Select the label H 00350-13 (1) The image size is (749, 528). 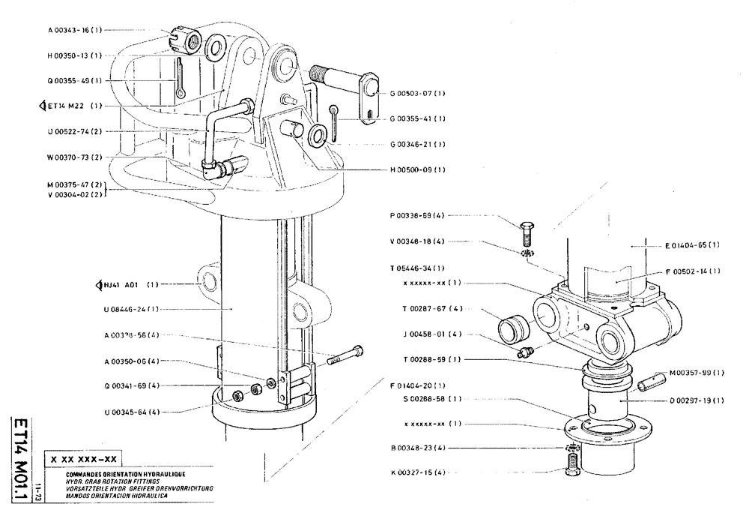pos(74,55)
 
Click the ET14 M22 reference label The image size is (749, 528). pos(70,106)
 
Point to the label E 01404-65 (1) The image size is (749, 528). pos(692,245)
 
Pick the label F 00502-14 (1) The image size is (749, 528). pos(692,271)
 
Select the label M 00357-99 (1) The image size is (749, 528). pos(697,372)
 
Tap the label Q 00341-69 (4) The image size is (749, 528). pos(132,385)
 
